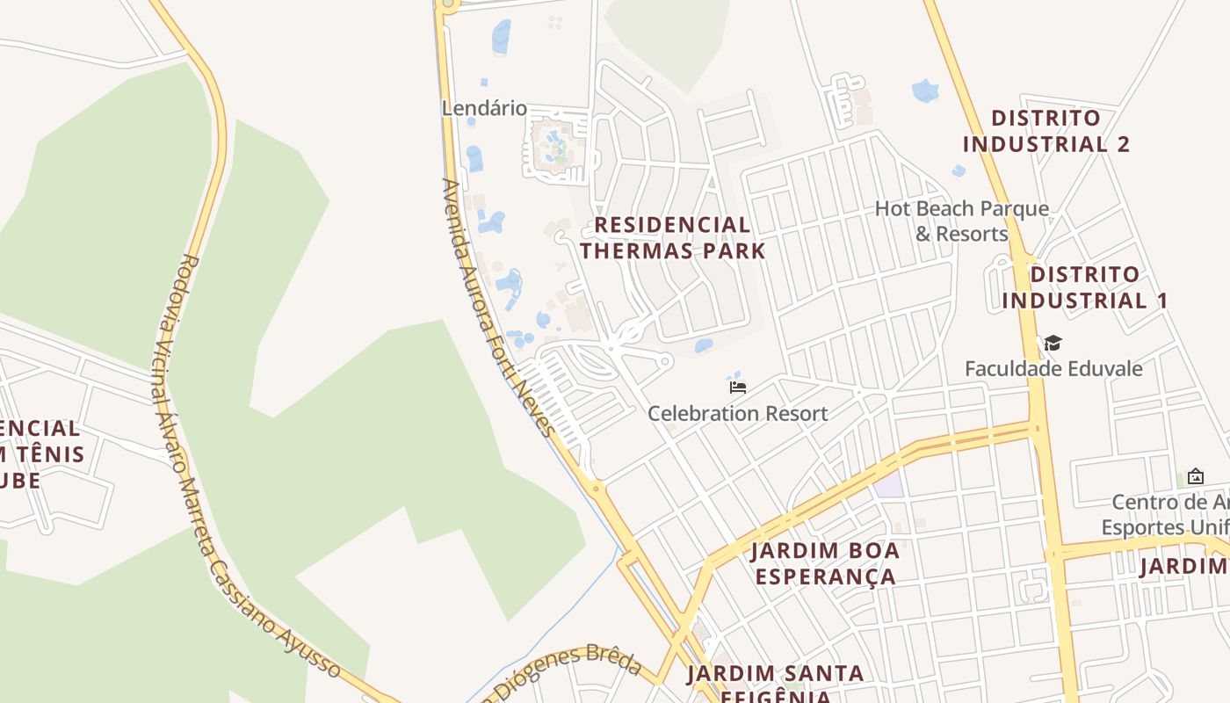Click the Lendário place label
click(x=484, y=108)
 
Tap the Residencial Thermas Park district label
click(x=672, y=237)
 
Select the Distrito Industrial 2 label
click(x=1045, y=131)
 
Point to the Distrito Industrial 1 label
click(x=1085, y=287)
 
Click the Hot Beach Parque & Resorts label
click(x=962, y=221)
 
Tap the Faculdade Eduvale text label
click(x=1053, y=368)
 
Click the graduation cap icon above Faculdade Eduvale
click(x=1053, y=343)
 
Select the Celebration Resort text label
click(x=737, y=413)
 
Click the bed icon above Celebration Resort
click(x=737, y=387)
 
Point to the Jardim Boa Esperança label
click(x=824, y=563)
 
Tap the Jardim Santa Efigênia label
click(x=775, y=685)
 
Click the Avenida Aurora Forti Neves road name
click(x=497, y=308)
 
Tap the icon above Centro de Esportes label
click(x=1195, y=476)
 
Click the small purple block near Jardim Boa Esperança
click(x=889, y=484)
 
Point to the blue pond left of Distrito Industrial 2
click(x=925, y=90)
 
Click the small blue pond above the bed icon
click(x=734, y=375)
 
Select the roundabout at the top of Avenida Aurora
click(x=448, y=4)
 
